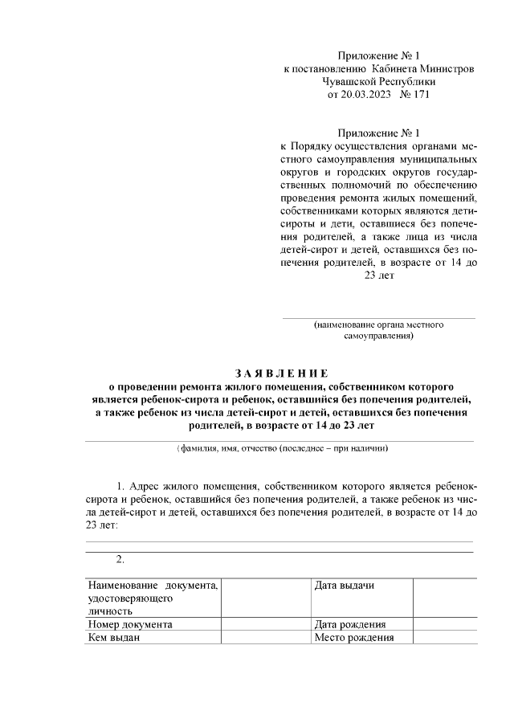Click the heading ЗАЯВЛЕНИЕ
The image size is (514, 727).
[281, 373]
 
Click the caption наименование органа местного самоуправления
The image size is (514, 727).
[378, 331]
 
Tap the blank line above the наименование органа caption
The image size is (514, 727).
[378, 318]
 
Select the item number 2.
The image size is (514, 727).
[120, 559]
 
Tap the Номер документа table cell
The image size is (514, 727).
[153, 624]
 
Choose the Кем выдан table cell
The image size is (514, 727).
[153, 638]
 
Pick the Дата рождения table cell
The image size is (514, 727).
[361, 624]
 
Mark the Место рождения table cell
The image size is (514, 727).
[361, 638]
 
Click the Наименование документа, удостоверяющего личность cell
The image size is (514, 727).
[153, 598]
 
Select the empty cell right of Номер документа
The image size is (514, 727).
[266, 624]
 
